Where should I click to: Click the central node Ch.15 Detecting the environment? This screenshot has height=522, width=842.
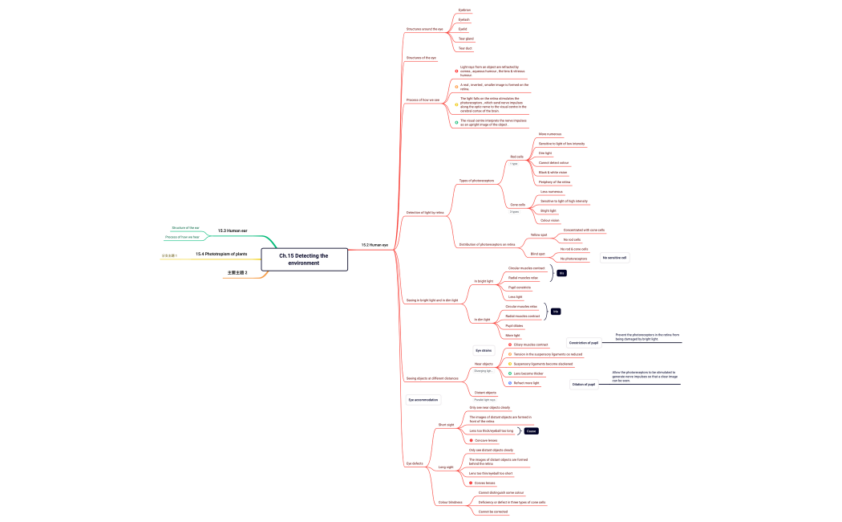304,259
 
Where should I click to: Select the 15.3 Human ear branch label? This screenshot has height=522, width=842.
233,230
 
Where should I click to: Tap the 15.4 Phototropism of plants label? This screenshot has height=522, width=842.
221,254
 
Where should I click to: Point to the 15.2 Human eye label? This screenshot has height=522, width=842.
374,245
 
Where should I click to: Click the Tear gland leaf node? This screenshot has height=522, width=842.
466,39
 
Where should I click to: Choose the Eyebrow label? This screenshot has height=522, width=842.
464,10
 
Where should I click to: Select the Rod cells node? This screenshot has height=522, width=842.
516,157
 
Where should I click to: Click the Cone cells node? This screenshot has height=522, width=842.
518,205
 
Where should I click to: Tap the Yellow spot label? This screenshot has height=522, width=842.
539,235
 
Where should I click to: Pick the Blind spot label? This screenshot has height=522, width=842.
538,254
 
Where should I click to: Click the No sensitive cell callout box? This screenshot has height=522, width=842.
614,258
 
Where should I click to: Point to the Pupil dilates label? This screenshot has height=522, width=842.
514,325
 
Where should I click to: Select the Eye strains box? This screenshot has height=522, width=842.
484,350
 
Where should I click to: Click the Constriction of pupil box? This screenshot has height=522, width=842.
583,343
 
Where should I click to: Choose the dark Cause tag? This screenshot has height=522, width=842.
531,431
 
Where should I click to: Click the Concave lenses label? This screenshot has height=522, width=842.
486,440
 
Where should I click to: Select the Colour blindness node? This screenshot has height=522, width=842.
450,502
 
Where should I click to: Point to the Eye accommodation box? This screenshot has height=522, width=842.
423,399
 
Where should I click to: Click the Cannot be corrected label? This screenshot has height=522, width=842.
493,512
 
